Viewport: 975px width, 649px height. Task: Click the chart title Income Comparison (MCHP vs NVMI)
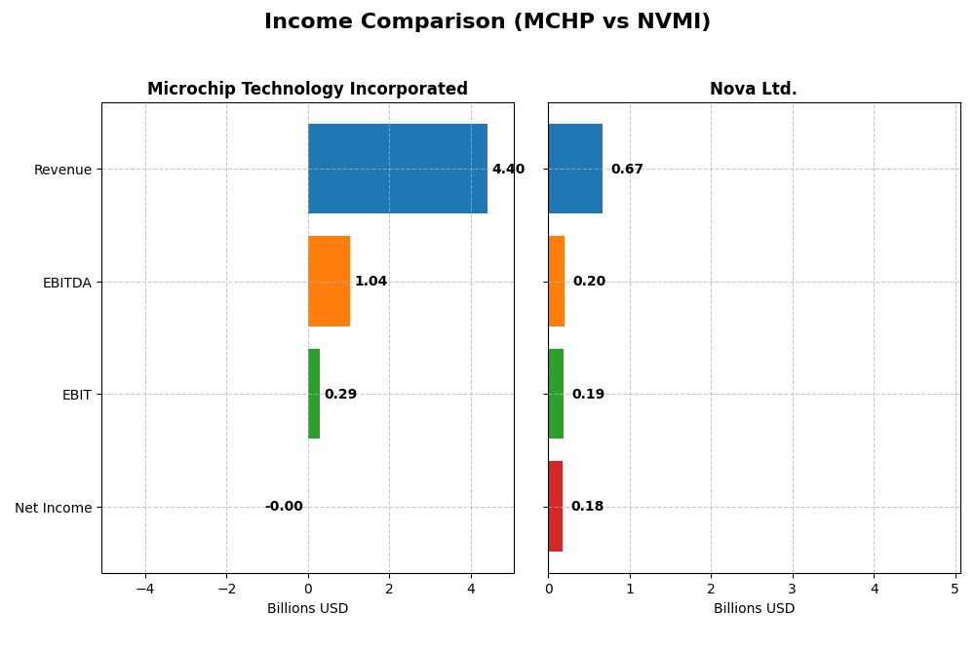[x=487, y=21]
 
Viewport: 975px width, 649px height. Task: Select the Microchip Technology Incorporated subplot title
[x=307, y=89]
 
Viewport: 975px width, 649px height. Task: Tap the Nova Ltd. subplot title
[x=753, y=89]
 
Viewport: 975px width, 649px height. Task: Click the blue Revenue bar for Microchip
[x=397, y=169]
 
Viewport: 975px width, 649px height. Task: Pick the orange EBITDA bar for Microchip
[x=329, y=281]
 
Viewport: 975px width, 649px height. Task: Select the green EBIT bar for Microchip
[x=314, y=394]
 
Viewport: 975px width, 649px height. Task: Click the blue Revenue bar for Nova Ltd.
[x=575, y=169]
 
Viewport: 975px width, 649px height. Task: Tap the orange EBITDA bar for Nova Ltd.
[x=556, y=281]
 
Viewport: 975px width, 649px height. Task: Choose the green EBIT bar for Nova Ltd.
[x=556, y=394]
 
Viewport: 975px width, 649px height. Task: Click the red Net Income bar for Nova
[x=555, y=506]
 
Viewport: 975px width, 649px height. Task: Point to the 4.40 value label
[x=508, y=170]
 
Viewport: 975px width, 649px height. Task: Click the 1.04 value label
[x=370, y=282]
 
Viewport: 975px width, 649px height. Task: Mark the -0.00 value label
[x=284, y=507]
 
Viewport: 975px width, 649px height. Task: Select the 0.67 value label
[x=627, y=170]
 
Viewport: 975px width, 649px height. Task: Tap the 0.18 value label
[x=587, y=507]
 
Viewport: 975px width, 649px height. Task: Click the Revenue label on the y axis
[x=62, y=171]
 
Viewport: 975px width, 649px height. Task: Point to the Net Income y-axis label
[x=53, y=508]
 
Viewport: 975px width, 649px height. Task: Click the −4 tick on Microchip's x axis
[x=145, y=589]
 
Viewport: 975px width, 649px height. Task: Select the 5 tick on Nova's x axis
[x=955, y=589]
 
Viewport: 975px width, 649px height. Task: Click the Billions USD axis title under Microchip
[x=307, y=609]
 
